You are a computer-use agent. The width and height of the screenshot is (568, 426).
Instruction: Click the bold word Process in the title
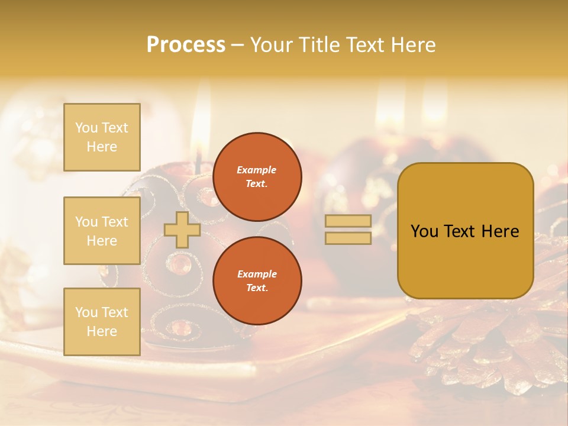(x=186, y=45)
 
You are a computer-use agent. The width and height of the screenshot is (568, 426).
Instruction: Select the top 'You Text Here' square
(x=102, y=137)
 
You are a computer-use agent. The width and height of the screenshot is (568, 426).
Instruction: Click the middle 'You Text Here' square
(x=102, y=231)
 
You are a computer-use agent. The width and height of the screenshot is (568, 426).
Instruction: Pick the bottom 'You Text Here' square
(x=102, y=322)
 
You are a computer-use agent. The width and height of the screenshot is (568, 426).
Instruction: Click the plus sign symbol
(x=182, y=230)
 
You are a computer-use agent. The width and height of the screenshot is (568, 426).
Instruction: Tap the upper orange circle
(x=257, y=177)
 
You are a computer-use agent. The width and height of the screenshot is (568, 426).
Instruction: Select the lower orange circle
(x=257, y=281)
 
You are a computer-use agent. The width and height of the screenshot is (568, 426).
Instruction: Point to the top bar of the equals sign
(x=348, y=221)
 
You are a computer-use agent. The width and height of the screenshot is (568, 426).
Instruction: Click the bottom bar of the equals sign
(x=348, y=238)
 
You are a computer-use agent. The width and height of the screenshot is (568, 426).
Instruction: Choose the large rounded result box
(x=465, y=231)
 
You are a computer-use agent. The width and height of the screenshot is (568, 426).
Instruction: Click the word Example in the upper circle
(x=256, y=170)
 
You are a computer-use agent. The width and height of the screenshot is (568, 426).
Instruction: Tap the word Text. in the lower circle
(x=256, y=288)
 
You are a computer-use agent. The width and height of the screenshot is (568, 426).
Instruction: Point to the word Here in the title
(x=412, y=45)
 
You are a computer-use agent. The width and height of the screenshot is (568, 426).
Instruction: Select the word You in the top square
(x=86, y=128)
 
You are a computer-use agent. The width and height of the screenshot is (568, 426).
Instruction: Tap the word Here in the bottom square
(x=102, y=331)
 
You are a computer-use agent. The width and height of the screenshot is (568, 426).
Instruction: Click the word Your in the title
(x=272, y=45)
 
